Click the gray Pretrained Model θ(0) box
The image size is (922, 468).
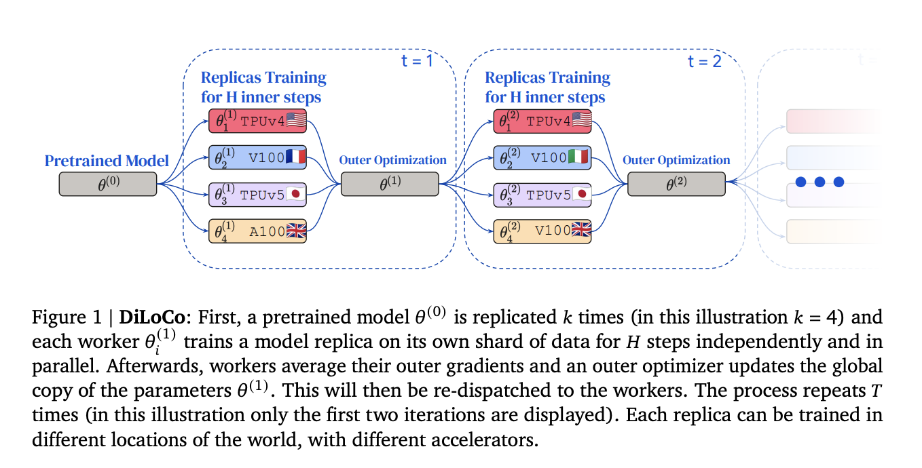pyautogui.click(x=107, y=184)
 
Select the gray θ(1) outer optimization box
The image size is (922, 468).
pyautogui.click(x=390, y=184)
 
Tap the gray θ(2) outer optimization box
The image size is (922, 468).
pyautogui.click(x=676, y=184)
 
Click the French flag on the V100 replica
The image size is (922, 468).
pyautogui.click(x=295, y=158)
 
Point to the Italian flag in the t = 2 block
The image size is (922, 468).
pyautogui.click(x=580, y=158)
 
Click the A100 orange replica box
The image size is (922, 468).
pyautogui.click(x=255, y=231)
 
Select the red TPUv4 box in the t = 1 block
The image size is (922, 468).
pyautogui.click(x=255, y=121)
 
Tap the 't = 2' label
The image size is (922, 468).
pyautogui.click(x=704, y=62)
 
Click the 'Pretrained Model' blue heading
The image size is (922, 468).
pyautogui.click(x=107, y=161)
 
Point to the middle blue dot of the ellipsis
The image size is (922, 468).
pyautogui.click(x=819, y=182)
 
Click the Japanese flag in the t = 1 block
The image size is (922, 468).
pyautogui.click(x=295, y=195)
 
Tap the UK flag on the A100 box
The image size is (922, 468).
pyautogui.click(x=295, y=231)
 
